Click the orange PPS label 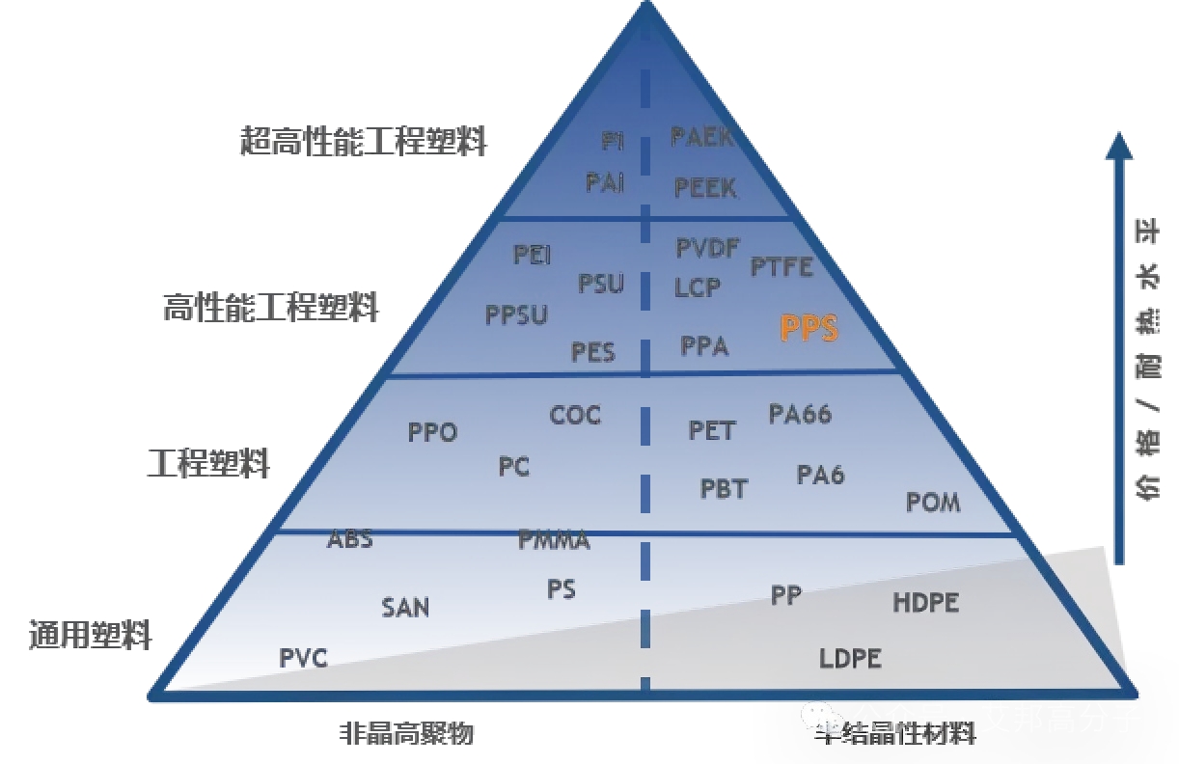click(x=809, y=329)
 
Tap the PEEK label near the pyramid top click(x=705, y=187)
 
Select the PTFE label click(x=782, y=266)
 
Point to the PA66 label click(x=800, y=414)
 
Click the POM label click(x=933, y=502)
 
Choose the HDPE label click(x=925, y=603)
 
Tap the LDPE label click(x=850, y=659)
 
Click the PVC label click(x=304, y=659)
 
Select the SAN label click(x=405, y=608)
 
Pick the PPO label click(x=432, y=432)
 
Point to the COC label click(x=575, y=416)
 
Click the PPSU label click(x=516, y=314)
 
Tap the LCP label click(x=697, y=286)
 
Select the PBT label click(x=724, y=489)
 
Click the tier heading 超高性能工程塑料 click(x=364, y=142)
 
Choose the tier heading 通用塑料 click(x=91, y=636)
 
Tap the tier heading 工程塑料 click(x=208, y=464)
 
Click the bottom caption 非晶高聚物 click(x=406, y=734)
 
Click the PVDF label click(x=707, y=249)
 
